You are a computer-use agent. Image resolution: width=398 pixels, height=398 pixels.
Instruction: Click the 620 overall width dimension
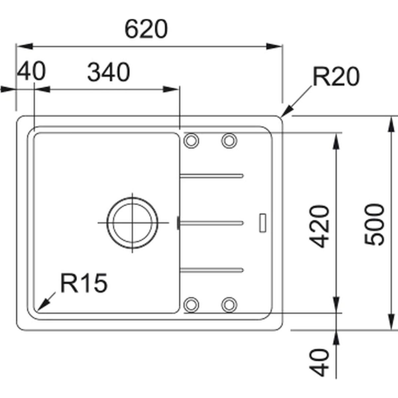pyautogui.click(x=146, y=29)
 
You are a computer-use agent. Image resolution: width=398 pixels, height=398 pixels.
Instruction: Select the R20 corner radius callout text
pyautogui.click(x=336, y=77)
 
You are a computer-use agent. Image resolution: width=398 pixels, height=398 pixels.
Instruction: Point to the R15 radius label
pyautogui.click(x=84, y=283)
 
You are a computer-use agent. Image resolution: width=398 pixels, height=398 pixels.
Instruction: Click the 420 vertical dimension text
pyautogui.click(x=319, y=227)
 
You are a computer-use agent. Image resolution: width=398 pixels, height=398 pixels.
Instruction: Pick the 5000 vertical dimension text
pyautogui.click(x=374, y=225)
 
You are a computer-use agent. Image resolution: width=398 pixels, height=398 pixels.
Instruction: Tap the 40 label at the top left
pyautogui.click(x=31, y=71)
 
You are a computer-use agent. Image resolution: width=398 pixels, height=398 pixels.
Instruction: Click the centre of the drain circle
pyautogui.click(x=132, y=223)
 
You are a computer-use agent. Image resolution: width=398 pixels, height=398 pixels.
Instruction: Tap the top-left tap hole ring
pyautogui.click(x=191, y=141)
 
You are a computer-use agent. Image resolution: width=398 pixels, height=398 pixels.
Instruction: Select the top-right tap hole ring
pyautogui.click(x=229, y=141)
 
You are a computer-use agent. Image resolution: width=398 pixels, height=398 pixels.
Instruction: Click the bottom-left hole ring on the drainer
pyautogui.click(x=191, y=305)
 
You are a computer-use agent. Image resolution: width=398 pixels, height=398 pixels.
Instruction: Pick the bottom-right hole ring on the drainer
pyautogui.click(x=229, y=305)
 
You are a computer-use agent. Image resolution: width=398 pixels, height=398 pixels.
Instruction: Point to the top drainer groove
pyautogui.click(x=212, y=176)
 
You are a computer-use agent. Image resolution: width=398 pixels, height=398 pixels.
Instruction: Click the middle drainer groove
pyautogui.click(x=212, y=223)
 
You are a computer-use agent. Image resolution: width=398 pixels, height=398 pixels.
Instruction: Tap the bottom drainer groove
pyautogui.click(x=212, y=270)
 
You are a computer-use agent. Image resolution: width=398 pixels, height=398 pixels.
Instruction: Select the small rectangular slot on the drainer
pyautogui.click(x=262, y=223)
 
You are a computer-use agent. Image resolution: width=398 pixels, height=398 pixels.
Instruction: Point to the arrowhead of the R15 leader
pyautogui.click(x=37, y=311)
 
